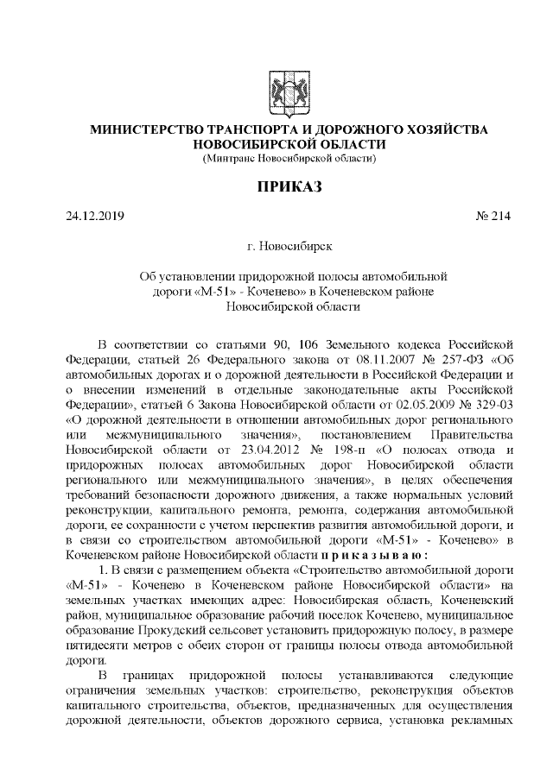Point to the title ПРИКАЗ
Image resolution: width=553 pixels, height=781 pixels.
(x=277, y=187)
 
